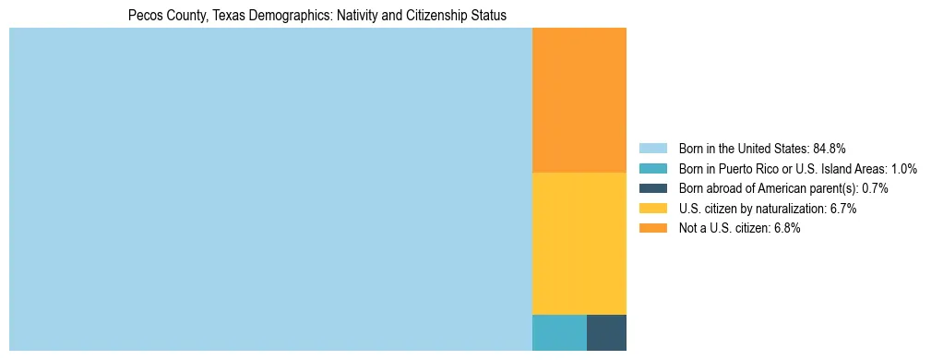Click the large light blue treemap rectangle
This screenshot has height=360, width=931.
270,189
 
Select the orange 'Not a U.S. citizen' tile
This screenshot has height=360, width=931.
579,100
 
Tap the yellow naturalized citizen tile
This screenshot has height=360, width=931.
579,244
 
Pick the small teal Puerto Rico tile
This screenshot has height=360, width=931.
559,332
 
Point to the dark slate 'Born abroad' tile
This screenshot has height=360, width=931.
606,332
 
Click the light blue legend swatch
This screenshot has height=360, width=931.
652,148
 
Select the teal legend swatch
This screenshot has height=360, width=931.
652,168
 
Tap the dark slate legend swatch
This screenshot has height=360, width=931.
652,188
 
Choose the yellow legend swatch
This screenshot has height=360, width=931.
652,209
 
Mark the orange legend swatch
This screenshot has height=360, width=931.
652,229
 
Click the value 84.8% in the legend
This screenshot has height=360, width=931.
830,148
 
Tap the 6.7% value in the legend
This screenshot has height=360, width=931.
843,209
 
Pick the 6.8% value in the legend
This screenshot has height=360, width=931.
787,229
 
